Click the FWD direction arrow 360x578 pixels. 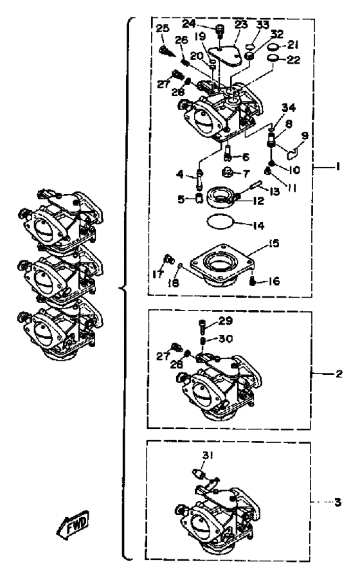click(73, 523)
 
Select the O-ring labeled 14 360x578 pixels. click(221, 222)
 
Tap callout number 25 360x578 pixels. click(162, 28)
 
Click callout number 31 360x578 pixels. click(208, 456)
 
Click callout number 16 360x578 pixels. click(273, 281)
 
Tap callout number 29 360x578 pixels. click(226, 321)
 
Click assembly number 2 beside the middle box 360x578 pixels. click(339, 374)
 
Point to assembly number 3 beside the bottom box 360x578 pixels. click(337, 502)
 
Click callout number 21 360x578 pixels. click(293, 45)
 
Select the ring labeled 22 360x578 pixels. click(273, 59)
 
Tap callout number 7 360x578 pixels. click(246, 173)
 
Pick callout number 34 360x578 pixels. click(289, 107)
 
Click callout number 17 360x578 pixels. click(157, 275)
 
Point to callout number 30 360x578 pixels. click(226, 339)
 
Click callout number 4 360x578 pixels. click(179, 174)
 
